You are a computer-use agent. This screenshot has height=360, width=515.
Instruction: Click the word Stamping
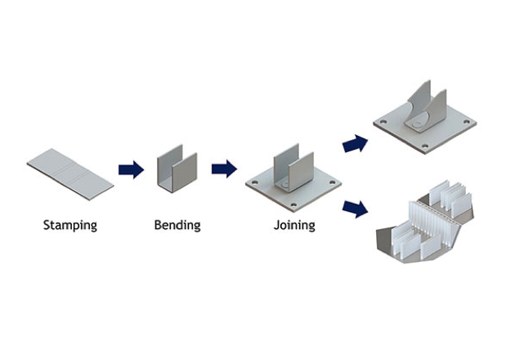point(69,225)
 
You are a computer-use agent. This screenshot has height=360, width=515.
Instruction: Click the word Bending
point(177,225)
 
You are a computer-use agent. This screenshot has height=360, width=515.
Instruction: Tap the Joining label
point(294,225)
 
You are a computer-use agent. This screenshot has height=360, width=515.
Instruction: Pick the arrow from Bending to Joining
point(224,169)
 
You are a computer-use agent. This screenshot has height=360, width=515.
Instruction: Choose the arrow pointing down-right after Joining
point(354,207)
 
